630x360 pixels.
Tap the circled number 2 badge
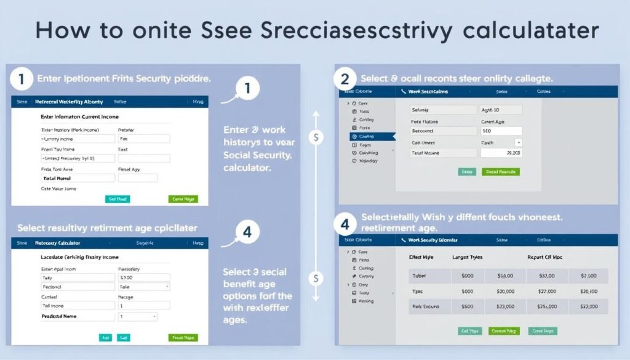(345, 79)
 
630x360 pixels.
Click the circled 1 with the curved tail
(247, 89)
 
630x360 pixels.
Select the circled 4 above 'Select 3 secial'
(247, 232)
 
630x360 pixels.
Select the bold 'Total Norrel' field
(78, 178)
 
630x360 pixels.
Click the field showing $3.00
(143, 278)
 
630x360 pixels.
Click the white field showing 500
(500, 131)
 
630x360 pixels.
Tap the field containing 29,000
(500, 153)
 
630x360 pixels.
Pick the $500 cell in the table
(467, 306)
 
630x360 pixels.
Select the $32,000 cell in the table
(587, 306)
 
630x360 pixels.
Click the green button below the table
(504, 331)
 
